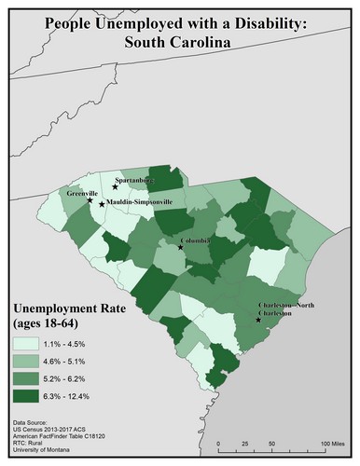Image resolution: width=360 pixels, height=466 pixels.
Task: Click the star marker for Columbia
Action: (181, 247)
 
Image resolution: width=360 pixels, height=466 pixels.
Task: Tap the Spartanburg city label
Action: (132, 181)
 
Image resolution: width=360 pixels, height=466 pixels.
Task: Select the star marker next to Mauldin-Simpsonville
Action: (102, 204)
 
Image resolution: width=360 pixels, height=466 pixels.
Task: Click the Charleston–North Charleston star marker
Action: (258, 320)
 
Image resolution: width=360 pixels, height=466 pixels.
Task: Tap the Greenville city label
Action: (83, 192)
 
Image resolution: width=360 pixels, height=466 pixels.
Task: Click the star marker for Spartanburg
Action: (115, 186)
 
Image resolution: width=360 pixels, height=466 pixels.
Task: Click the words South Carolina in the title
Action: (179, 40)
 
